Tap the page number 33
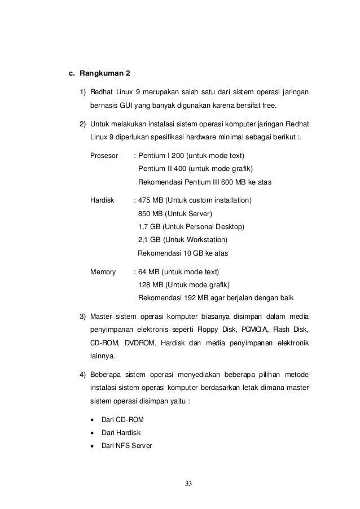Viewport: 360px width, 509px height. (189, 484)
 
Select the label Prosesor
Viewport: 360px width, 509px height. (104, 155)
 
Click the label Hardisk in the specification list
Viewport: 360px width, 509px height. (102, 200)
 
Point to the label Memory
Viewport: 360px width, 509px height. (103, 271)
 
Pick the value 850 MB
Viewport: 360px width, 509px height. (150, 214)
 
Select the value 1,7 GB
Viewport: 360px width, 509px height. (150, 227)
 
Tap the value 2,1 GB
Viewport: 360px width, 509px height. (150, 240)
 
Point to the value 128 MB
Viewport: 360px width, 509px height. (150, 284)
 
